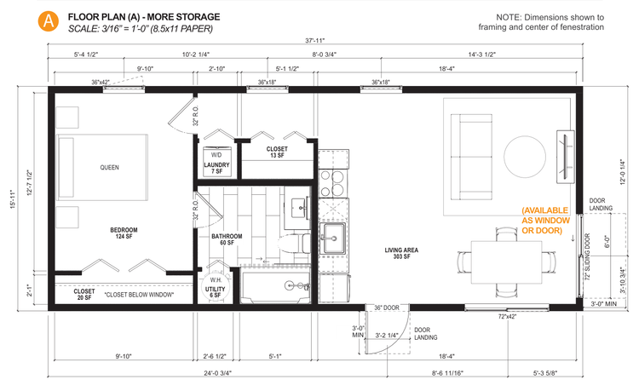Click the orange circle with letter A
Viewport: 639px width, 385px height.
click(51, 20)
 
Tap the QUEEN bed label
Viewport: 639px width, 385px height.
click(108, 167)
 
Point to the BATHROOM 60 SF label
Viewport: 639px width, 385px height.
click(227, 240)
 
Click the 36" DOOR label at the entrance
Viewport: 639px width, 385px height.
click(387, 307)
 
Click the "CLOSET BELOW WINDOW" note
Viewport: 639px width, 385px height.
click(140, 295)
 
